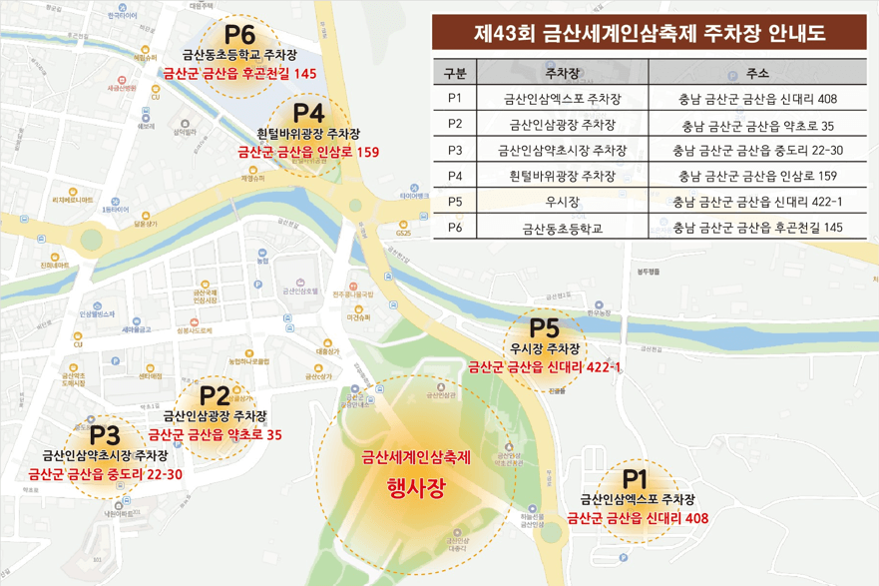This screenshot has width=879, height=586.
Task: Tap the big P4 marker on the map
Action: pos(310,112)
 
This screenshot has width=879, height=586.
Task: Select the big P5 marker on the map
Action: pos(545,327)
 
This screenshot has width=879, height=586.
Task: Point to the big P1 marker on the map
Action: pos(636,478)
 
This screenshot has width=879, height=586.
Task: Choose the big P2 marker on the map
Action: pos(216,395)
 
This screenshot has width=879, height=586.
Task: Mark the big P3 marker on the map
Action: pos(105,435)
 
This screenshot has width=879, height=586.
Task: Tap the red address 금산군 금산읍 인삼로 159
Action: pos(308,153)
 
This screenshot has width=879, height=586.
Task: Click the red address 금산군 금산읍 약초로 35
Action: pos(216,434)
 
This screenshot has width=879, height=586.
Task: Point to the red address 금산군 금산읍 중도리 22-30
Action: pos(105,474)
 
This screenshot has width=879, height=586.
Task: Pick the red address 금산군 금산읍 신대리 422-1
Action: pos(545,367)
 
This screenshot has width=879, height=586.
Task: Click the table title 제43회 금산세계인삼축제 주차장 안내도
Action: pos(653,33)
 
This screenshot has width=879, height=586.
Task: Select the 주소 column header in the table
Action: pos(757,73)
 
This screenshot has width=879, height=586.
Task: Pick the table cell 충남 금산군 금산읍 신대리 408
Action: pos(757,99)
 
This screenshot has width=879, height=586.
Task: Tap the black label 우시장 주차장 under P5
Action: pos(545,348)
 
